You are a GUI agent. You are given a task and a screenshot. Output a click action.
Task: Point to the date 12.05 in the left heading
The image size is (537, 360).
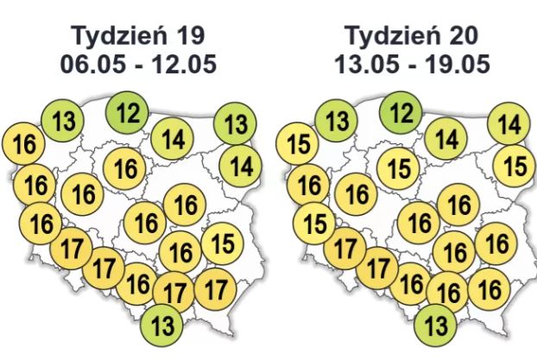pyautogui.click(x=180, y=65)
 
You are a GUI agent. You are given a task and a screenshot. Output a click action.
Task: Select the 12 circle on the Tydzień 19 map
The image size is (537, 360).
pyautogui.click(x=128, y=112)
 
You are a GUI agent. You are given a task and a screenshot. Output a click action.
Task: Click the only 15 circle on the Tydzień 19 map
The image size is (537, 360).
pyautogui.click(x=222, y=243)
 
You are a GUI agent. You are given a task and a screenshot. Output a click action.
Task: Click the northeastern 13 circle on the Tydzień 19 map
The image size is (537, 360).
pyautogui.click(x=235, y=124)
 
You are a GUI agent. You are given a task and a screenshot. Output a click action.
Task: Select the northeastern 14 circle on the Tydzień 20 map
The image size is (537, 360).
pyautogui.click(x=509, y=124)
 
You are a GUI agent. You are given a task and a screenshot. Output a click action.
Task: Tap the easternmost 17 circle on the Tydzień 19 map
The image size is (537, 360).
pyautogui.click(x=216, y=286)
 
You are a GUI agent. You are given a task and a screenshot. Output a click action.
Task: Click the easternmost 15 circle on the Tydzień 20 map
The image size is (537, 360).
pyautogui.click(x=515, y=165)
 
